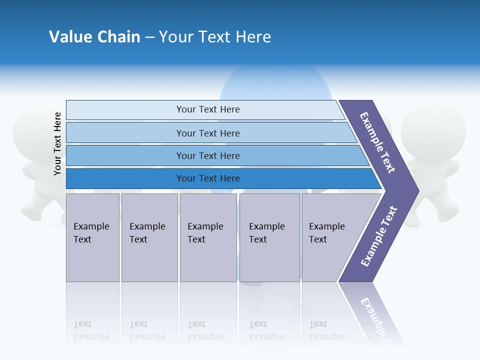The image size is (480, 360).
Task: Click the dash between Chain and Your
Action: (149, 37)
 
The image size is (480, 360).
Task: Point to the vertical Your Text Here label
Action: (57, 143)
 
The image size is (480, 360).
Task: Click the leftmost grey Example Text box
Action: (92, 237)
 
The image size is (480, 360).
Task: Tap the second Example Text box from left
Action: (149, 237)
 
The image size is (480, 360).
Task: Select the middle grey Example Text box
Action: (208, 237)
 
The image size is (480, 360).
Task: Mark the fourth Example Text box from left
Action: (269, 237)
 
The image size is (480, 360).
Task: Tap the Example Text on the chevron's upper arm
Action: (377, 142)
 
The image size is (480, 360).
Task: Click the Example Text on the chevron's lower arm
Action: (378, 236)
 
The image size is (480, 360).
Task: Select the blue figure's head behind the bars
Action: (275, 85)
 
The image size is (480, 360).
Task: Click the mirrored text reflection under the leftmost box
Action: (91, 330)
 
